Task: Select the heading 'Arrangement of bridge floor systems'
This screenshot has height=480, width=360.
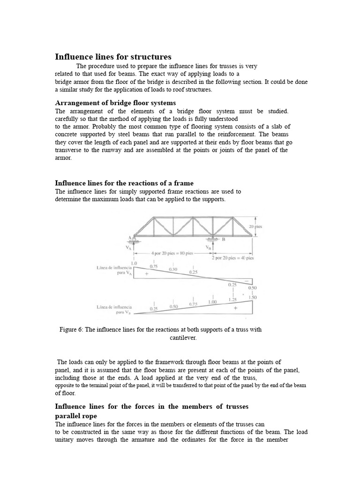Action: (x=115, y=103)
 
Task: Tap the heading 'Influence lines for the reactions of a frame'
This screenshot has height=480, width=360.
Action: (x=124, y=183)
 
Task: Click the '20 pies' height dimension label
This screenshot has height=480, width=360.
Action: (x=255, y=226)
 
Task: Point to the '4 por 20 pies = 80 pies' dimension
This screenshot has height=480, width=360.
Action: (x=172, y=253)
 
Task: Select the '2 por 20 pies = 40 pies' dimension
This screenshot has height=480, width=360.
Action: (x=232, y=258)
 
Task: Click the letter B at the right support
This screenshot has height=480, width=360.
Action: (x=224, y=239)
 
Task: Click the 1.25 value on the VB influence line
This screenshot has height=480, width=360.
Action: (x=232, y=300)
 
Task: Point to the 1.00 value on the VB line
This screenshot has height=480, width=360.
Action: (x=213, y=302)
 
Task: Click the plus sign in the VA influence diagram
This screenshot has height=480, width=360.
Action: (x=146, y=275)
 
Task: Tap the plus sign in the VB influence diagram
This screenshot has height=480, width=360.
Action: (x=235, y=308)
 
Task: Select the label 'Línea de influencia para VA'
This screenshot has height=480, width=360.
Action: (x=113, y=270)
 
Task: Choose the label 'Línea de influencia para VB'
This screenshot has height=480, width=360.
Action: (x=113, y=309)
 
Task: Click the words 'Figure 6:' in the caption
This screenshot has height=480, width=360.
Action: (x=71, y=330)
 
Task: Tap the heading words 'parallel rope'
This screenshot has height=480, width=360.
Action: (x=76, y=416)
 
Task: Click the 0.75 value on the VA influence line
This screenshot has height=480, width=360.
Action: (x=153, y=266)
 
